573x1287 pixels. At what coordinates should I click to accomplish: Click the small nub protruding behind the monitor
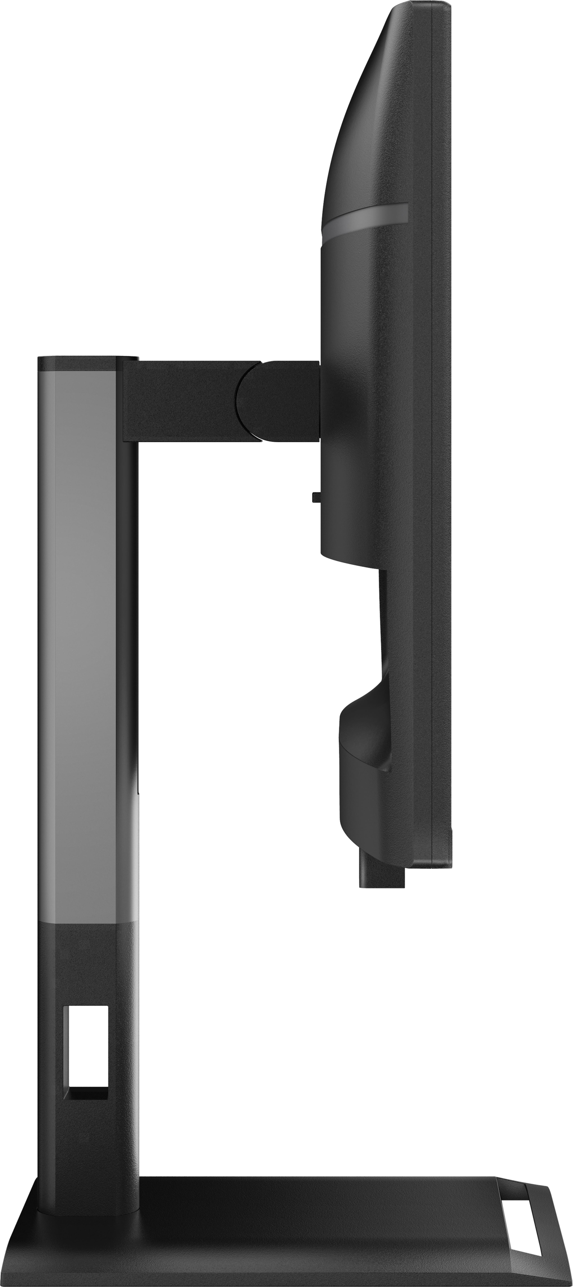click(315, 497)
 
